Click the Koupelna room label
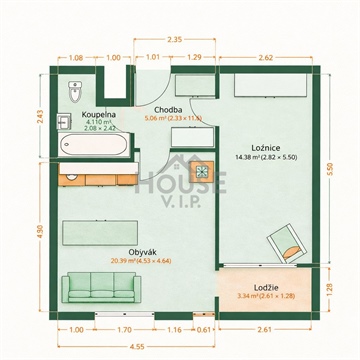point(100,115)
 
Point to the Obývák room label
point(142,251)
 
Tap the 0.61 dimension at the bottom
point(204,329)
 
